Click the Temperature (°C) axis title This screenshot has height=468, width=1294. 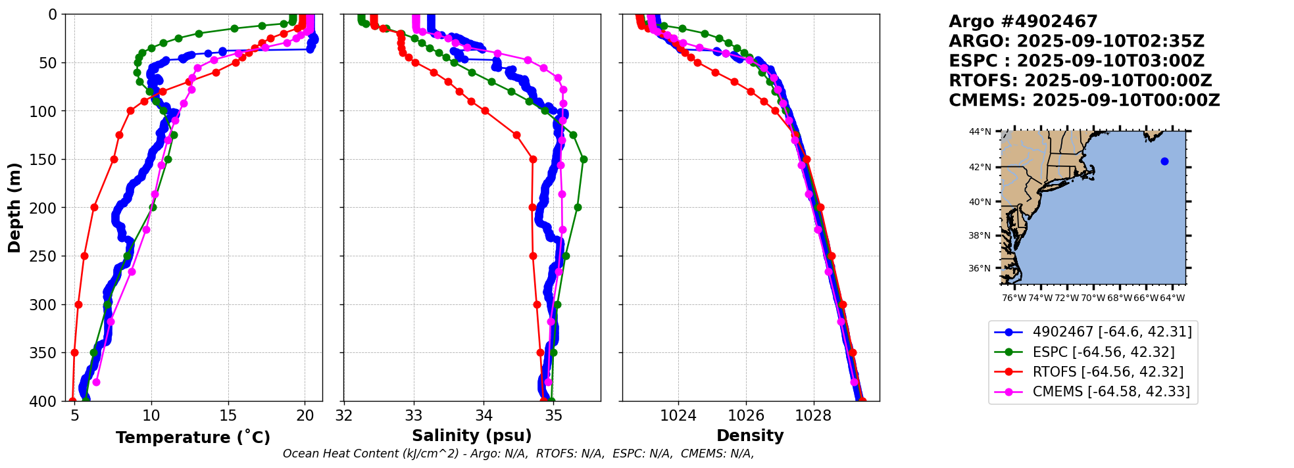coord(193,438)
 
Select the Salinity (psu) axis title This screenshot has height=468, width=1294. coord(472,436)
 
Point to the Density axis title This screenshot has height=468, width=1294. coord(750,436)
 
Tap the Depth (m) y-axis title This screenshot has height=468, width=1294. coord(14,208)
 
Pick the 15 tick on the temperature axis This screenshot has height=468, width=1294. coord(228,415)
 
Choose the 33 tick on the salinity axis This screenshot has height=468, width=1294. coord(414,415)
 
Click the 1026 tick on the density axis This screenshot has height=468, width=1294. coord(746,415)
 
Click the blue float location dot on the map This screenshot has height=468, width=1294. coord(1164,161)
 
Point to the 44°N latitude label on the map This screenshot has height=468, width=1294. coord(980,132)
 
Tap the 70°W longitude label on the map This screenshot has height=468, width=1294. coord(1093,298)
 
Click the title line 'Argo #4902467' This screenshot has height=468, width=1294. coord(1023,22)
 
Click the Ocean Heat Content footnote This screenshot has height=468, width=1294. coord(518,454)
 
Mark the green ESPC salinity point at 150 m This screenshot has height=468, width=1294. coord(584,159)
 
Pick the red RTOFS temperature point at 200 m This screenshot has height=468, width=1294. coord(94,208)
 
